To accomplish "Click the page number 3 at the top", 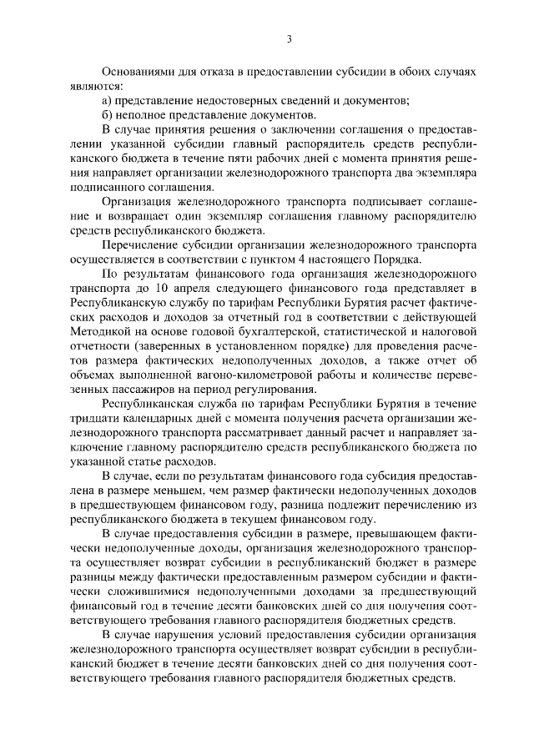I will pyautogui.click(x=289, y=38).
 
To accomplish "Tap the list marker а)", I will pyautogui.click(x=108, y=101).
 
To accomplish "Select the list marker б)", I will pyautogui.click(x=108, y=114).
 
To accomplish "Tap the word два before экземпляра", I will pyautogui.click(x=404, y=172).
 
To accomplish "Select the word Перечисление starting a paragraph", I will pyautogui.click(x=140, y=244).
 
